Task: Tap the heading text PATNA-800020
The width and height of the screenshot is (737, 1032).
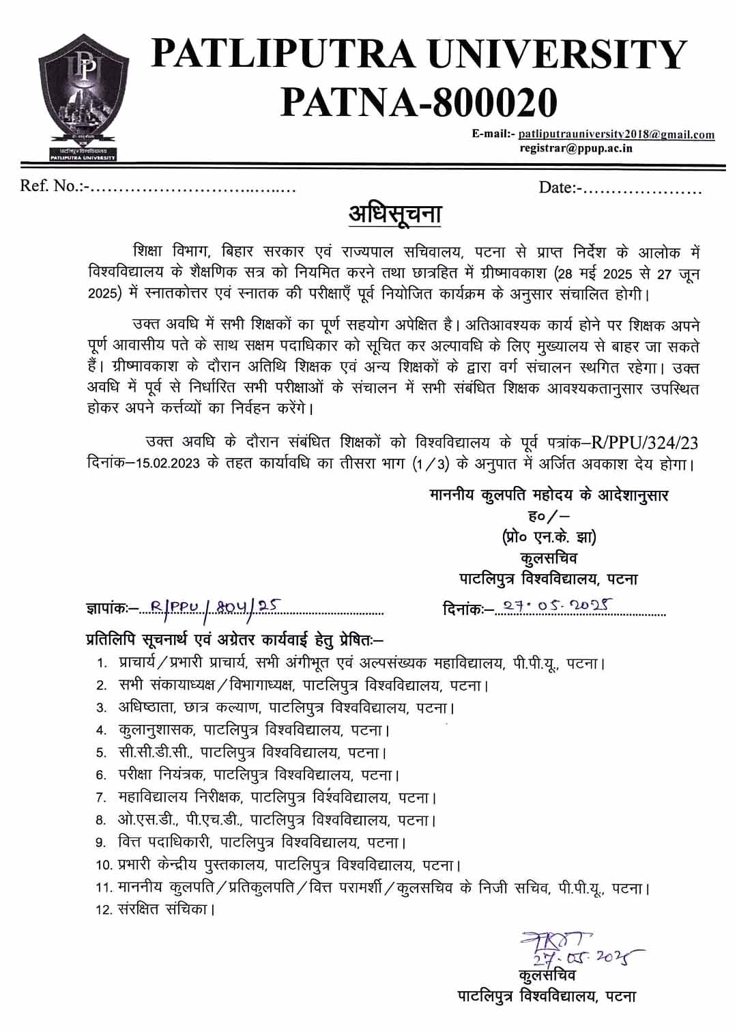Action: click(419, 102)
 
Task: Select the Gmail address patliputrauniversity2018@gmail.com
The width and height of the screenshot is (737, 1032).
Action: click(616, 134)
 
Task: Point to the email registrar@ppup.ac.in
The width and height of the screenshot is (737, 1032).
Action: click(576, 148)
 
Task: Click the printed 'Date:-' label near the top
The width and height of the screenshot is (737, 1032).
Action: click(560, 187)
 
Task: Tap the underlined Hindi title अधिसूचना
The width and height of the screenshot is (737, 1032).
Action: click(394, 214)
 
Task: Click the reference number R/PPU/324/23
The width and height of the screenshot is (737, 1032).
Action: click(644, 442)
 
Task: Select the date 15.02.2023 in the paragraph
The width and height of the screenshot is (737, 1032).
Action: click(168, 463)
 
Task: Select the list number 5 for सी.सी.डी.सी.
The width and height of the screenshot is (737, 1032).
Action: click(101, 753)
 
